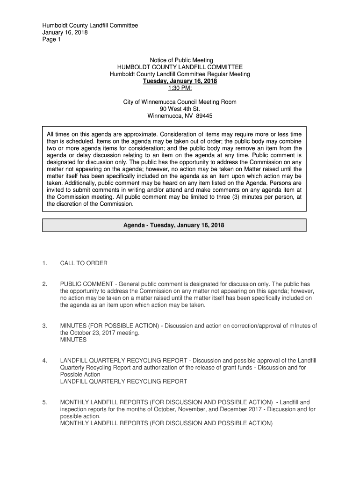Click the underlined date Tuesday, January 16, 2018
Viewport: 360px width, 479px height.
[180, 81]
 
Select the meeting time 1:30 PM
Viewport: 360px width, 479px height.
[180, 88]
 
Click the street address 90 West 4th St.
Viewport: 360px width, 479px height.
[180, 109]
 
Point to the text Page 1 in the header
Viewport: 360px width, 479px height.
[51, 40]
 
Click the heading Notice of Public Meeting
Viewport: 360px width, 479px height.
[181, 60]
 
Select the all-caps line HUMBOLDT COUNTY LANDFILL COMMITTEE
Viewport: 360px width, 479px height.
[180, 67]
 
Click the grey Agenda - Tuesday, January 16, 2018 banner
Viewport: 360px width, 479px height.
[174, 225]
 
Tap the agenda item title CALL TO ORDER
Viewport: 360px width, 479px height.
[84, 263]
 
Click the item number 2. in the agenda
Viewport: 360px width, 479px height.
[44, 284]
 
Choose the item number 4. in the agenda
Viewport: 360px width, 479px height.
[44, 361]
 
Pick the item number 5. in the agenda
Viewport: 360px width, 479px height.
[44, 402]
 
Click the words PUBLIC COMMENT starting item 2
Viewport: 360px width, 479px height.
[87, 284]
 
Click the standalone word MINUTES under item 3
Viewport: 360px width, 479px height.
[73, 340]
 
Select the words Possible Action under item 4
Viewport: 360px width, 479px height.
[80, 375]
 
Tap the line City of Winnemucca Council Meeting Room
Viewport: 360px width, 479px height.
[180, 102]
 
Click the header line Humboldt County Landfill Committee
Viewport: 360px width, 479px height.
[90, 26]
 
